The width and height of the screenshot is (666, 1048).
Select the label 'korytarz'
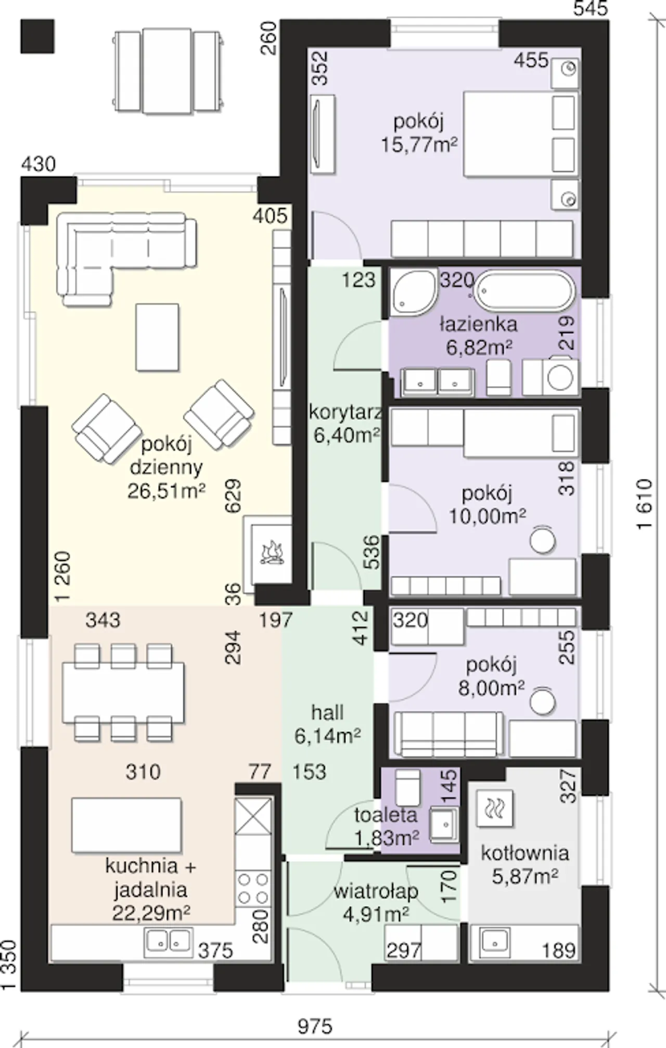point(345,412)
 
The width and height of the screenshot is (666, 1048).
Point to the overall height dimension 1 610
point(644,504)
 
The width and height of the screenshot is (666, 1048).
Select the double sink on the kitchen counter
point(168,940)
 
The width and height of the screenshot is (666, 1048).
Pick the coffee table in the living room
point(157,338)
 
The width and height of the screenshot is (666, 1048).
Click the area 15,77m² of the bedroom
point(419,144)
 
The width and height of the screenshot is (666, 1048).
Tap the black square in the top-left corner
point(37,36)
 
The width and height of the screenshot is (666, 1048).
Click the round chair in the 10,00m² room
point(543,540)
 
